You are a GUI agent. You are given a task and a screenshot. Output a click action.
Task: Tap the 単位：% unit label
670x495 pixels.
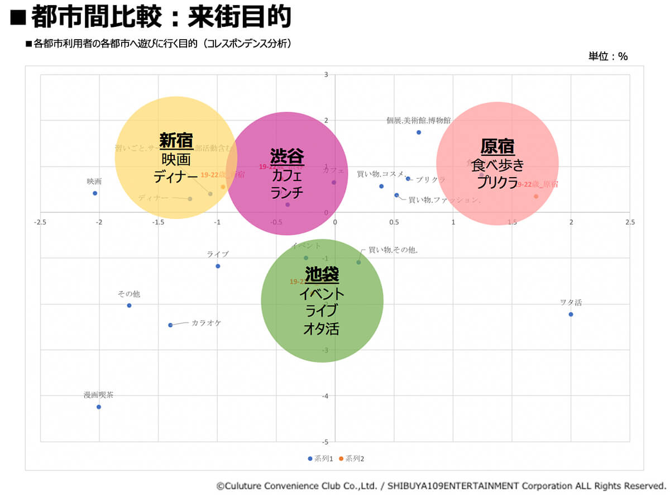click(x=608, y=56)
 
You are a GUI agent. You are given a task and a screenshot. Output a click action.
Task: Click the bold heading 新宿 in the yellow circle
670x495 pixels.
click(x=176, y=140)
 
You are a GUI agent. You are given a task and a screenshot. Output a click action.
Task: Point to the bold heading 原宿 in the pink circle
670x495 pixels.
click(x=497, y=147)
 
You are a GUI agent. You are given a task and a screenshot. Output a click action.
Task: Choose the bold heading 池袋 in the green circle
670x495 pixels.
click(x=322, y=274)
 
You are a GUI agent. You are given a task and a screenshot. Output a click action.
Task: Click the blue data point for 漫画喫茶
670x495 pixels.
click(x=99, y=407)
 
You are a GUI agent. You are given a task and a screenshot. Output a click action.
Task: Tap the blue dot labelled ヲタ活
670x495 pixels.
click(x=571, y=314)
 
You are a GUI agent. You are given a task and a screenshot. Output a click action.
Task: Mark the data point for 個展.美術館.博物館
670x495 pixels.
click(x=419, y=132)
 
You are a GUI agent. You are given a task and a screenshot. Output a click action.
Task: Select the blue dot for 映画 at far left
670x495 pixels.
click(x=95, y=193)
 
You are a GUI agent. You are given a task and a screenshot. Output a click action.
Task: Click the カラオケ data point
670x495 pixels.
click(x=170, y=325)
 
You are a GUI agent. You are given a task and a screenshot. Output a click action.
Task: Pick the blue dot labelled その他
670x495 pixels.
click(x=129, y=305)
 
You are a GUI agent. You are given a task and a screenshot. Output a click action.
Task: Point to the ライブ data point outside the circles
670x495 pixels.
click(x=218, y=266)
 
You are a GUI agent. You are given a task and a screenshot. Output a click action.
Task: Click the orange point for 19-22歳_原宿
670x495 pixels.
click(x=536, y=196)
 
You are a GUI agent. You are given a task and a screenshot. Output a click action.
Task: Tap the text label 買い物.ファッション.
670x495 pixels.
click(x=444, y=199)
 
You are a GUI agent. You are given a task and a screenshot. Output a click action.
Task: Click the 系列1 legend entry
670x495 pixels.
click(x=320, y=459)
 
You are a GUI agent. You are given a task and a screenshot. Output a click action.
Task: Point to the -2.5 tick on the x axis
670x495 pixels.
click(x=40, y=222)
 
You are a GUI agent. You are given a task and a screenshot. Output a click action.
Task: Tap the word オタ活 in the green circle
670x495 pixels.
click(x=321, y=329)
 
